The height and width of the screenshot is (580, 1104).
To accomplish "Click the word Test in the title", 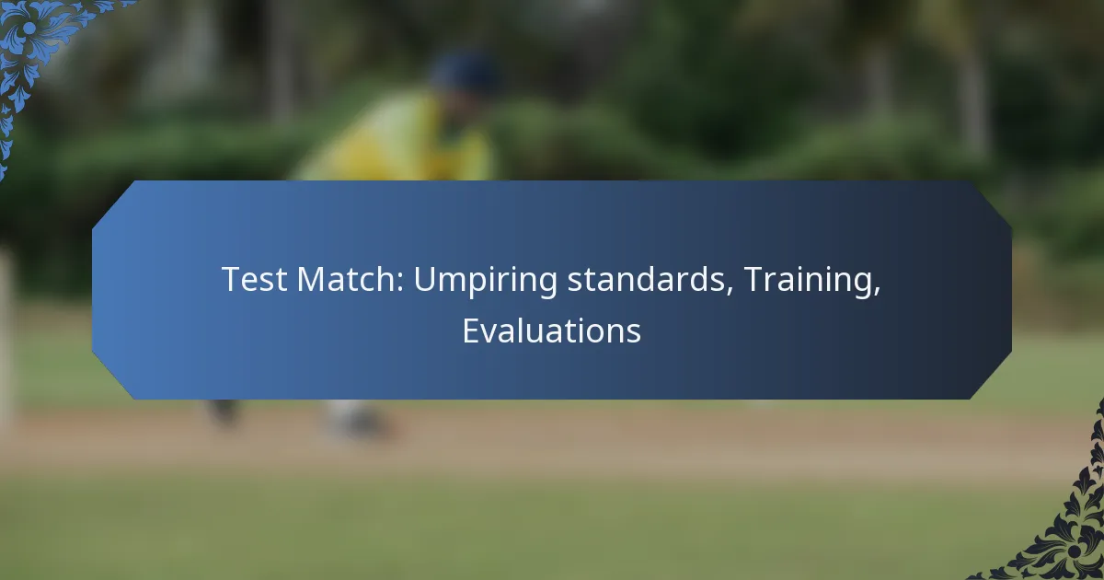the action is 254,279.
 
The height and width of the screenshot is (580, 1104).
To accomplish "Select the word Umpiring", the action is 485,281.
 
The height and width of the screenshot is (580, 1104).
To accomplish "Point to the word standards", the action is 646,279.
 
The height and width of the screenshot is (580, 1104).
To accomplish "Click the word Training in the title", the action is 808,281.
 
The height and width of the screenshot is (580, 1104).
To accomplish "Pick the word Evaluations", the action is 551,331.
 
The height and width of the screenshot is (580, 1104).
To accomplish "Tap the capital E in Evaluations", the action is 471,331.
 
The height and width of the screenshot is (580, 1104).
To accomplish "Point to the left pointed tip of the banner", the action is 93,290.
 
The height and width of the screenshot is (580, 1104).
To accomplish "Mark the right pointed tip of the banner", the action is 1011,290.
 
